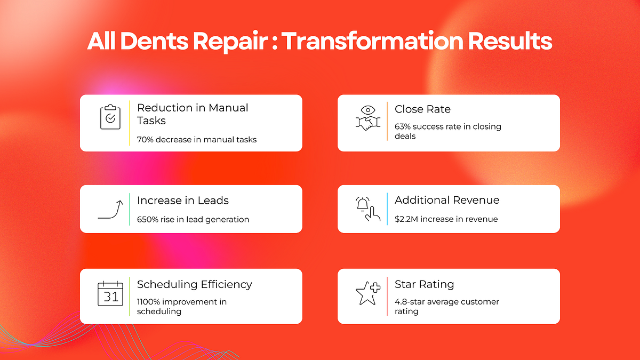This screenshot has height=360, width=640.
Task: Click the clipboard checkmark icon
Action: point(110,117)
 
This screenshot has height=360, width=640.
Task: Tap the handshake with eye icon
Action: point(368,118)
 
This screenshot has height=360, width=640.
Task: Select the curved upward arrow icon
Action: point(110,210)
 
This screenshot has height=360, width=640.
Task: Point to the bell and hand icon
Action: point(368,209)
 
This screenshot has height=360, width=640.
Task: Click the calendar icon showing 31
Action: point(110,294)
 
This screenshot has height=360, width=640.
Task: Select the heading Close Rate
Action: point(422,109)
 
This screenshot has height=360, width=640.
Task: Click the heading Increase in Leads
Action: point(183,201)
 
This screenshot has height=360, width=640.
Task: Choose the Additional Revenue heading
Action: point(447,201)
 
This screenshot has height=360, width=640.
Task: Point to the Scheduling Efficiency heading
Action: point(195,284)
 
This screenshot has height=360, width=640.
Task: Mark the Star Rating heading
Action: point(424,284)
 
